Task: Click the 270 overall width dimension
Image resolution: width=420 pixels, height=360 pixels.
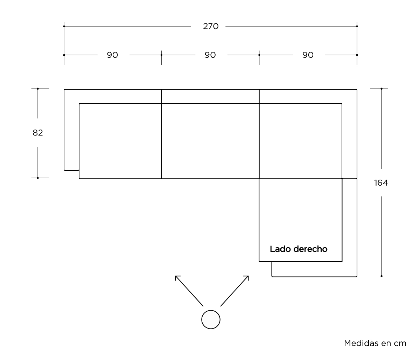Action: [x=210, y=26]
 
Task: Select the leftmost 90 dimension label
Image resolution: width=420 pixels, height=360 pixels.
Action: [x=112, y=55]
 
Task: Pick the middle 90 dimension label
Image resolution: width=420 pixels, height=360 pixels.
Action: [x=210, y=55]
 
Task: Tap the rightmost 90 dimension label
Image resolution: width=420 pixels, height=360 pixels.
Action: [x=308, y=55]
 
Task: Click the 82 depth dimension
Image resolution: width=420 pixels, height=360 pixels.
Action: [x=37, y=133]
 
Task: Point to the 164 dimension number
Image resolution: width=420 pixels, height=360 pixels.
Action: [x=381, y=183]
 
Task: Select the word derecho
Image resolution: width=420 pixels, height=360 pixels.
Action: [x=310, y=249]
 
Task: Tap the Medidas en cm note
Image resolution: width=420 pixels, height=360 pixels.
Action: [x=375, y=343]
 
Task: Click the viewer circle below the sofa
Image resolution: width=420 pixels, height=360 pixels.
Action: [x=211, y=319]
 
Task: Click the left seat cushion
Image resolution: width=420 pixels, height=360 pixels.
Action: [x=120, y=141]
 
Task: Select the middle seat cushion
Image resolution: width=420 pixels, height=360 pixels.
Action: [x=210, y=141]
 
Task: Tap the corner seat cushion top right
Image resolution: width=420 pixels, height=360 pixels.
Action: [x=300, y=141]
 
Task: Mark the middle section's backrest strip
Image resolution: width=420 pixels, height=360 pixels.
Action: [x=210, y=96]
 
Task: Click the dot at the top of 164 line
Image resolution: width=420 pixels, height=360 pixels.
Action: [x=381, y=89]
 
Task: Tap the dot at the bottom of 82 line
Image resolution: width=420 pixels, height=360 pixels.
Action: [x=37, y=178]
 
